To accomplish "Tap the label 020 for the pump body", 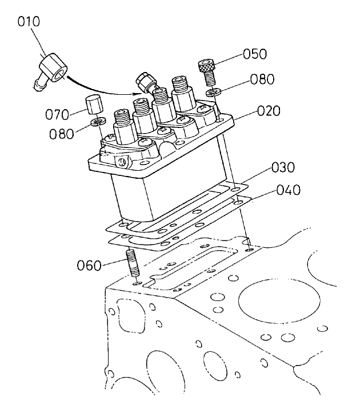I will point(269,111).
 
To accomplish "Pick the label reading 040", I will point(289,189).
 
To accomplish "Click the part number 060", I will point(89,265).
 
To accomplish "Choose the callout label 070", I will point(57,113).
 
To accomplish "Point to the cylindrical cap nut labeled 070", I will point(94,106).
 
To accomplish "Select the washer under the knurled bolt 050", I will point(213,91).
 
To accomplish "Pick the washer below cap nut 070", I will point(99,122).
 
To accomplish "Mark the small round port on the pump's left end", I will point(122,163).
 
